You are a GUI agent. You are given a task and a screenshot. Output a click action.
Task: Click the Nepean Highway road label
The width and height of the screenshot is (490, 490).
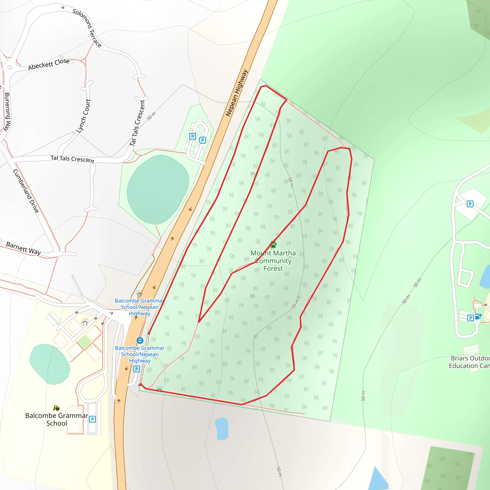[236, 93]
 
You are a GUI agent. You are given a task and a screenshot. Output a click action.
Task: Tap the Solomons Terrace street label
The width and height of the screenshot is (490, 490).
[87, 28]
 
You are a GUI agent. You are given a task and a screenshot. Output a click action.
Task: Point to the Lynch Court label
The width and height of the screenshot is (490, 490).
[84, 116]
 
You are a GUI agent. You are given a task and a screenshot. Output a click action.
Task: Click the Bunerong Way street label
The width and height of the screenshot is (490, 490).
[7, 112]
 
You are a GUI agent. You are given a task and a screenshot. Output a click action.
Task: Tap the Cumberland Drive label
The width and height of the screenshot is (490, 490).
[26, 191]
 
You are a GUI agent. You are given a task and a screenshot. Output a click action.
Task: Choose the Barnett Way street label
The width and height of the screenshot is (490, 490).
[23, 248]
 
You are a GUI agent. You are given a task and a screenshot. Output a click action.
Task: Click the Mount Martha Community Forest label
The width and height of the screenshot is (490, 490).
[273, 261]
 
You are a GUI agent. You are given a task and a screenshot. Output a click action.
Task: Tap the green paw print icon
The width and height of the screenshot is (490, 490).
[273, 245]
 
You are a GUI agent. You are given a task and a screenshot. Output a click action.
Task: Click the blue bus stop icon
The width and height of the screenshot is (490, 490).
[140, 340]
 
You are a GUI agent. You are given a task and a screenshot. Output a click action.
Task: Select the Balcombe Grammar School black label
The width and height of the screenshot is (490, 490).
[56, 419]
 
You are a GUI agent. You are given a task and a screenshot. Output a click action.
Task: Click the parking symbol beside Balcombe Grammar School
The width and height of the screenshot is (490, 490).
[92, 419]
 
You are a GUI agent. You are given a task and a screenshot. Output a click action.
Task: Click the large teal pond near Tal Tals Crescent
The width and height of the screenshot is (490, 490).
[158, 190]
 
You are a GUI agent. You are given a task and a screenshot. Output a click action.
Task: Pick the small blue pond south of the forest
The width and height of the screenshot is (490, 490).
[221, 429]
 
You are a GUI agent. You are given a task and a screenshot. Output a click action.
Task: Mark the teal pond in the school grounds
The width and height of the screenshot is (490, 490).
[50, 364]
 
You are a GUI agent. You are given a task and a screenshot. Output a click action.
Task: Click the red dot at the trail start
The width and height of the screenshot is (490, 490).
[149, 333]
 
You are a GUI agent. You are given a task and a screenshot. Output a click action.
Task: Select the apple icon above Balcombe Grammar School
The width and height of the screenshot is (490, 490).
[56, 408]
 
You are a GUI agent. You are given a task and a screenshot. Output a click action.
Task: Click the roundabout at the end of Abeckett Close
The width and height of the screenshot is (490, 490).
[10, 67]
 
